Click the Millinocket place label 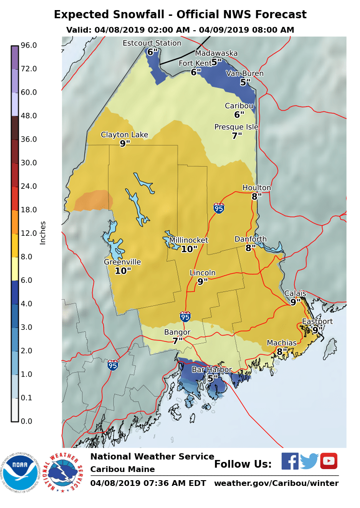click(189, 240)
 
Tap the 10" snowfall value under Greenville click(123, 271)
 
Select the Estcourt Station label click(152, 43)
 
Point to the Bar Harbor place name click(212, 370)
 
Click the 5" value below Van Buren click(245, 82)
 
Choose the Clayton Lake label click(124, 135)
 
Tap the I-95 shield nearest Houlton click(219, 208)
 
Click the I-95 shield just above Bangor click(185, 316)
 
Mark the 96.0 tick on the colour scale click(29, 45)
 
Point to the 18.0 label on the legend click(29, 210)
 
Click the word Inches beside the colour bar click(43, 233)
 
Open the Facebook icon click(290, 461)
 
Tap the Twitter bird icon click(310, 461)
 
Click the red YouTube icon click(329, 461)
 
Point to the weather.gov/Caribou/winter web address click(276, 483)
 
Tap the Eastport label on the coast click(317, 321)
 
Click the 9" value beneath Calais click(295, 302)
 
